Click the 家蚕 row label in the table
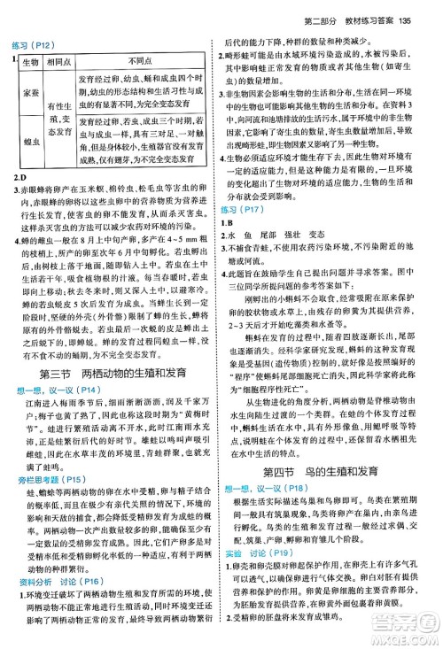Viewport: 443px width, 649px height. point(29,94)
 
